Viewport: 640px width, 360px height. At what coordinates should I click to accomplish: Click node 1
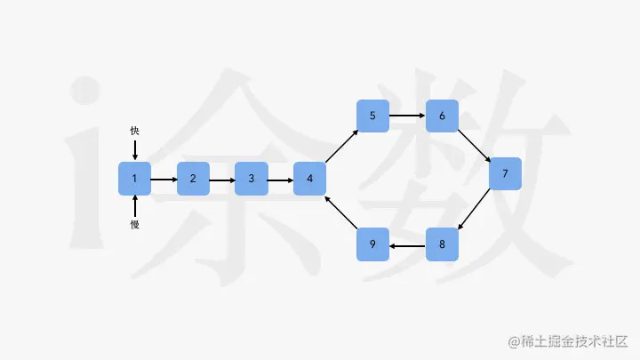point(134,179)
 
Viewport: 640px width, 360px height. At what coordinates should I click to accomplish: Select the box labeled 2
point(193,179)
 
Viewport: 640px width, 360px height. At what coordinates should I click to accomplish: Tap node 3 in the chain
point(252,179)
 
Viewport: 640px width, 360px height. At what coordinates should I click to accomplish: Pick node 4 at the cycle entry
point(310,179)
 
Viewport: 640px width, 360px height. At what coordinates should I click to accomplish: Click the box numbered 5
point(373,116)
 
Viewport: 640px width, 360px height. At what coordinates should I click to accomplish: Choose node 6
point(442,116)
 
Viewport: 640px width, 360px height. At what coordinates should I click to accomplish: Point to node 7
point(505,173)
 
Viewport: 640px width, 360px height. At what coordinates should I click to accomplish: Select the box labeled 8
point(442,244)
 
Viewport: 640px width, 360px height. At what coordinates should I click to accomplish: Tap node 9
point(373,244)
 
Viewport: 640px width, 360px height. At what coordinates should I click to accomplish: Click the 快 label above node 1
point(134,131)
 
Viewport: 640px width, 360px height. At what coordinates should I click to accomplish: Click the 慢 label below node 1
point(134,225)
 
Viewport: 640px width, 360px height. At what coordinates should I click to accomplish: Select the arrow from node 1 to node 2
point(164,179)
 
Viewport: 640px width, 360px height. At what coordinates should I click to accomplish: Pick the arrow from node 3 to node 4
point(281,179)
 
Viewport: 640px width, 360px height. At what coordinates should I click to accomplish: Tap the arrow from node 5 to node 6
point(408,116)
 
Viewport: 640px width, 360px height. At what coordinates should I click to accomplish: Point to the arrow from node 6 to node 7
point(474,144)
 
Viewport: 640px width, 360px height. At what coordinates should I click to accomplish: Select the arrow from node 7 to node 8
point(474,210)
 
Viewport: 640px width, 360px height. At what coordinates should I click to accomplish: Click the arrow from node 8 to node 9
point(408,244)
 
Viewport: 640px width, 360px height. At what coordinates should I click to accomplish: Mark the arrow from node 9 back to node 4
point(341,212)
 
